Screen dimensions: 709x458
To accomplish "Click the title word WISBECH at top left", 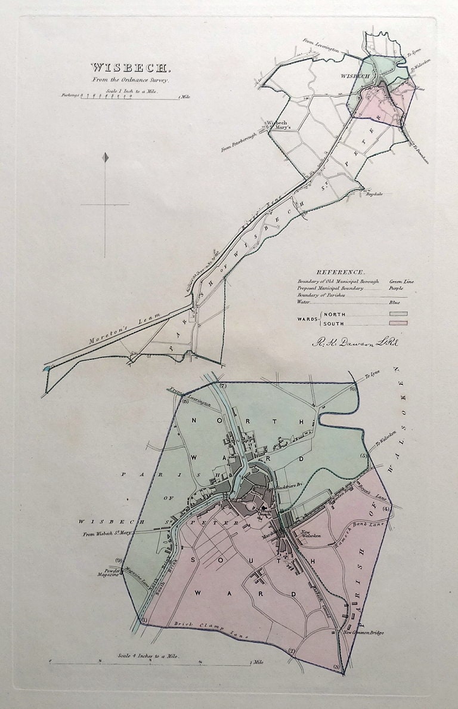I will tap(123, 67).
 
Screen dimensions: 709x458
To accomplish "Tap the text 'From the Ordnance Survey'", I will tap(123, 79).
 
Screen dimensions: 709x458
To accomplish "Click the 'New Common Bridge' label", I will tap(364, 633).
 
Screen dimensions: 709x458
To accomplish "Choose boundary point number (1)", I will tap(143, 621).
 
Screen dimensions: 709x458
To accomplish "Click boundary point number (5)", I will tap(363, 456).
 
